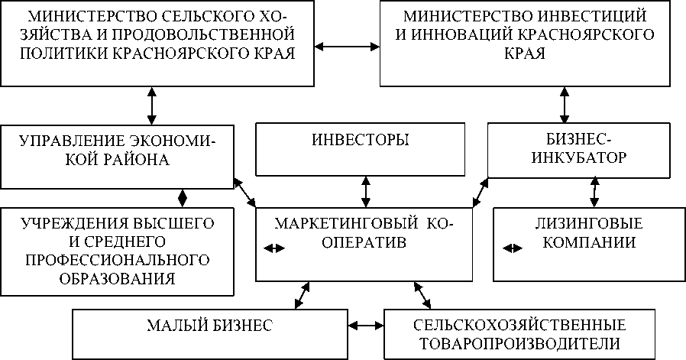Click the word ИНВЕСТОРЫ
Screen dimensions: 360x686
pos(361,140)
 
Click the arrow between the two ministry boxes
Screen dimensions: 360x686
pos(348,47)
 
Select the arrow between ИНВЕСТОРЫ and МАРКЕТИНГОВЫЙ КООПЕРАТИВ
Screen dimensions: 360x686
pos(367,191)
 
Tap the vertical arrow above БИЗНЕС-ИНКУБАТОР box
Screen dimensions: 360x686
pos(565,105)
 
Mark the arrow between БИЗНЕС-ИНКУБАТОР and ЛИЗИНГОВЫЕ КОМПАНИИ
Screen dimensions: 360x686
pos(594,192)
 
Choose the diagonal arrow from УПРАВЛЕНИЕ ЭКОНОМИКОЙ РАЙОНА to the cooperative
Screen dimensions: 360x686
pos(245,191)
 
